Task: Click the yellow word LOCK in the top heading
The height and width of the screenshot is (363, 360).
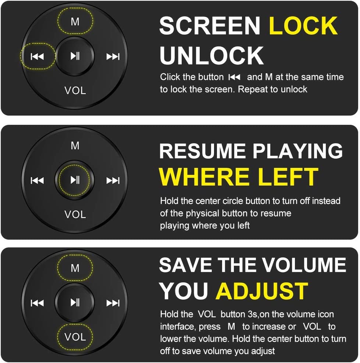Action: pos(303,25)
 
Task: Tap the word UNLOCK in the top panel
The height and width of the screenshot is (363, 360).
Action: pos(211,56)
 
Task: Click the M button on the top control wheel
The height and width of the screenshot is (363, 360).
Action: pos(75,21)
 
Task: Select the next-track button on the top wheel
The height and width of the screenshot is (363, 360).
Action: pos(113,56)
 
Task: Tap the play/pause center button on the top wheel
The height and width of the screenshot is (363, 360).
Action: pos(75,56)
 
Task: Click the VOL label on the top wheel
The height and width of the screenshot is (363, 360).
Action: pos(75,90)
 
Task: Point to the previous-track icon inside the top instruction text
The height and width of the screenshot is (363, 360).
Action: pos(234,77)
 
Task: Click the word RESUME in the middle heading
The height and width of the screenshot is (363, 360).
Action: pos(202,151)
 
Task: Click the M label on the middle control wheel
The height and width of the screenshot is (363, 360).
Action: pos(75,146)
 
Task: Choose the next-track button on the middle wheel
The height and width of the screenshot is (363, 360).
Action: pos(113,180)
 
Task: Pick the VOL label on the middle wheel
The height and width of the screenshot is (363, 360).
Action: pos(75,214)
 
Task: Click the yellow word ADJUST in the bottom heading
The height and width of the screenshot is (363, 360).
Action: pos(262,291)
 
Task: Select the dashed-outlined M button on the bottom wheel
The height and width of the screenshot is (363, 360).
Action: pos(75,268)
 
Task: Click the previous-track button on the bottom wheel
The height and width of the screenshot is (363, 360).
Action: pos(37,303)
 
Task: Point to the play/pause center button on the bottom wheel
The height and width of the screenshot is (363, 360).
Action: pos(75,302)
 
